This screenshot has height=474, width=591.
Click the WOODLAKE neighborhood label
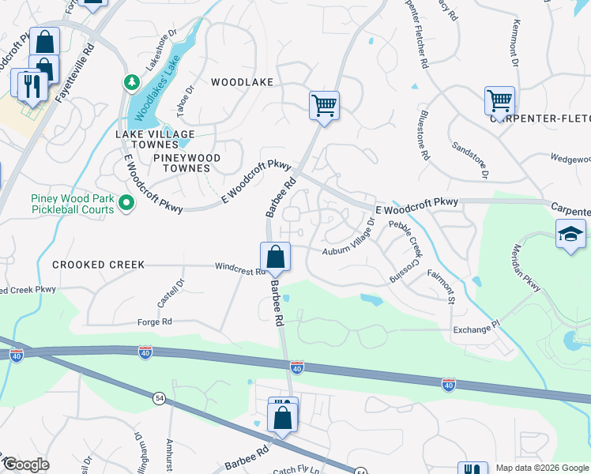click(x=242, y=82)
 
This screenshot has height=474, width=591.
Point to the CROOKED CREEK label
click(x=99, y=265)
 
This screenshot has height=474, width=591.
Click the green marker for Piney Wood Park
click(x=126, y=205)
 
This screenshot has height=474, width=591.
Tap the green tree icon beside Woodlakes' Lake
click(x=130, y=82)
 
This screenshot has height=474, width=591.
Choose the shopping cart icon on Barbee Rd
click(x=324, y=105)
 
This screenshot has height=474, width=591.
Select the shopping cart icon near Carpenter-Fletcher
click(x=499, y=101)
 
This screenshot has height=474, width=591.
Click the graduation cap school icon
click(x=570, y=235)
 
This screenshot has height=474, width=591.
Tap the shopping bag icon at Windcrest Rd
click(x=275, y=257)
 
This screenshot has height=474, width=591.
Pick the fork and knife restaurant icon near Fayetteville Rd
click(x=31, y=85)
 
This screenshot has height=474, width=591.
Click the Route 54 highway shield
click(x=160, y=401)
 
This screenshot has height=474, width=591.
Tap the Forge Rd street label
click(x=156, y=322)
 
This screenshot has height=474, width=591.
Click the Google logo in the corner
click(x=26, y=465)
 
